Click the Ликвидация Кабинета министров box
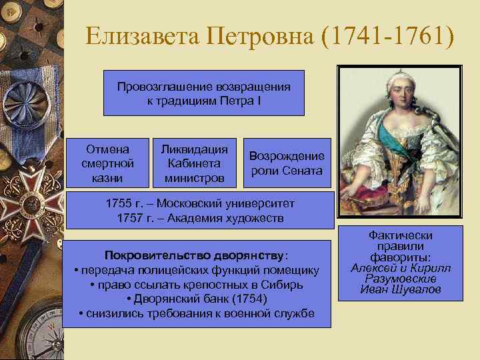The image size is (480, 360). (x=190, y=163)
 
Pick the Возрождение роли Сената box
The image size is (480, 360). (x=287, y=163)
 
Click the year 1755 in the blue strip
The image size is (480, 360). (x=119, y=204)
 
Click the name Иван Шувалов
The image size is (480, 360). (x=400, y=289)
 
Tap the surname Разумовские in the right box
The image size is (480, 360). (x=400, y=279)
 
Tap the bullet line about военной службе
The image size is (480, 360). (x=197, y=313)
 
